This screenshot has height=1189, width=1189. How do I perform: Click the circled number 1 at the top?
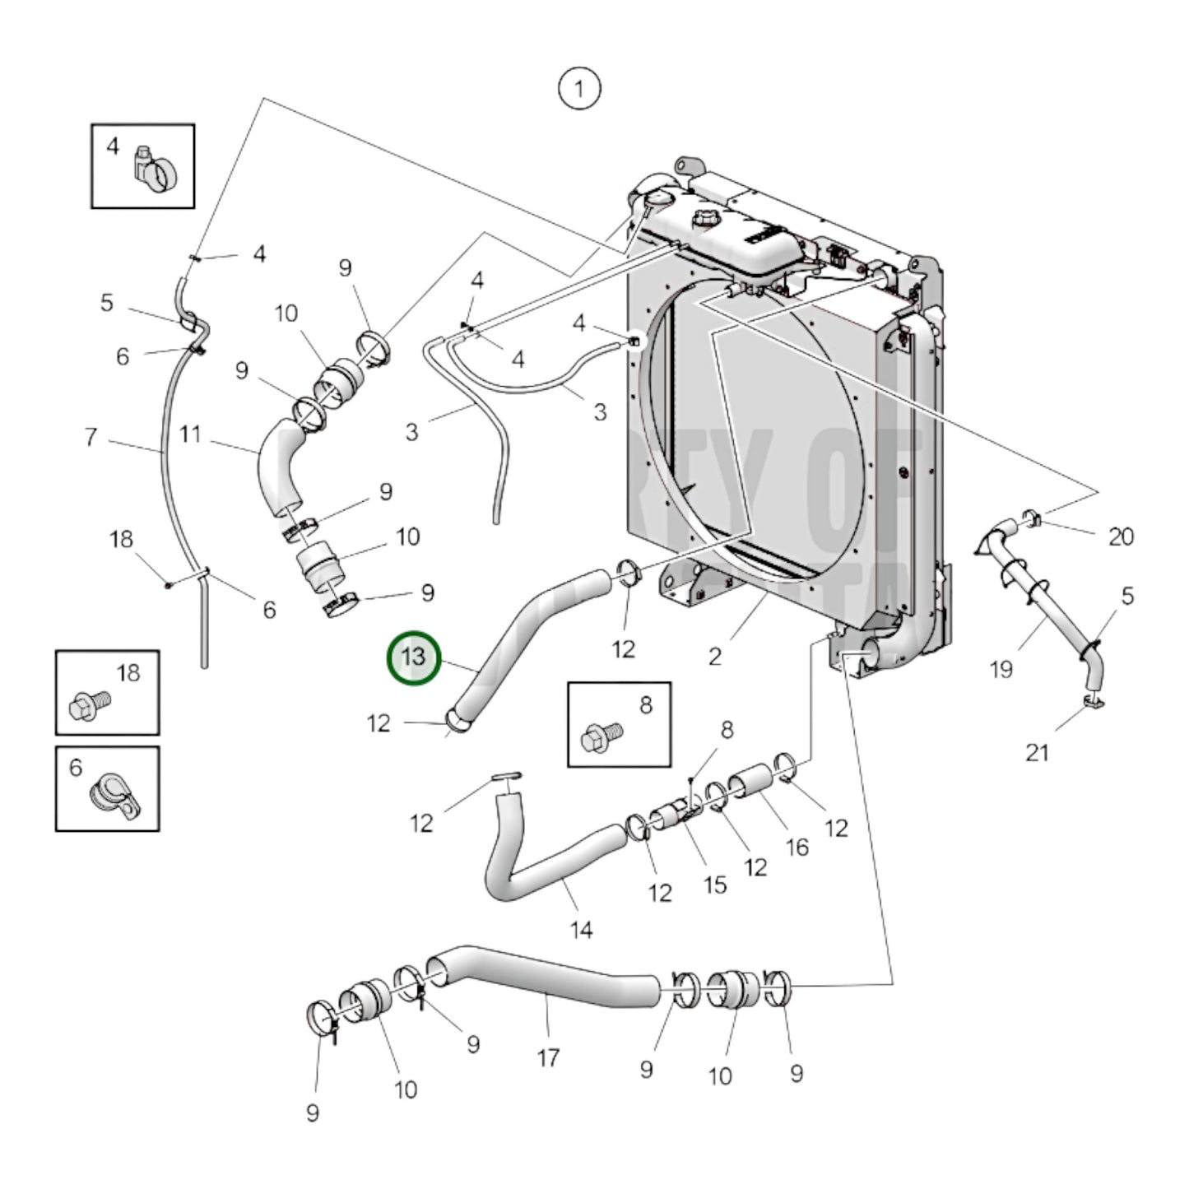pyautogui.click(x=579, y=89)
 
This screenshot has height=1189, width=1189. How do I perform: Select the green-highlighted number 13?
pyautogui.click(x=415, y=658)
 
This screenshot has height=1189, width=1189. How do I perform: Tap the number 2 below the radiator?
pyautogui.click(x=715, y=656)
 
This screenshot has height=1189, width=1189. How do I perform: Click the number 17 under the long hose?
pyautogui.click(x=549, y=1057)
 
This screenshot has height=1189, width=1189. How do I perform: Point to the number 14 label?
pyautogui.click(x=581, y=930)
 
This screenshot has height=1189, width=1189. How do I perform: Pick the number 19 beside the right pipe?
pyautogui.click(x=1001, y=670)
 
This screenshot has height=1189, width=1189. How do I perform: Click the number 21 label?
pyautogui.click(x=1037, y=752)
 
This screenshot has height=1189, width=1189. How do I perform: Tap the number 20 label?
pyautogui.click(x=1121, y=536)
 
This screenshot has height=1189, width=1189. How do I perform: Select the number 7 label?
pyautogui.click(x=91, y=436)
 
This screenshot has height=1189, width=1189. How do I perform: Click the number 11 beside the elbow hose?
pyautogui.click(x=190, y=434)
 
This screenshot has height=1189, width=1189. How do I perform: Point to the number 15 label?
pyautogui.click(x=714, y=885)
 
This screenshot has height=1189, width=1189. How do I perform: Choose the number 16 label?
pyautogui.click(x=797, y=847)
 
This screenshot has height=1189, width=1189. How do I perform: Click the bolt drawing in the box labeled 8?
pyautogui.click(x=601, y=735)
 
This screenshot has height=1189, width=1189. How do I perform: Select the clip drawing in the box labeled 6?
pyautogui.click(x=115, y=793)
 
